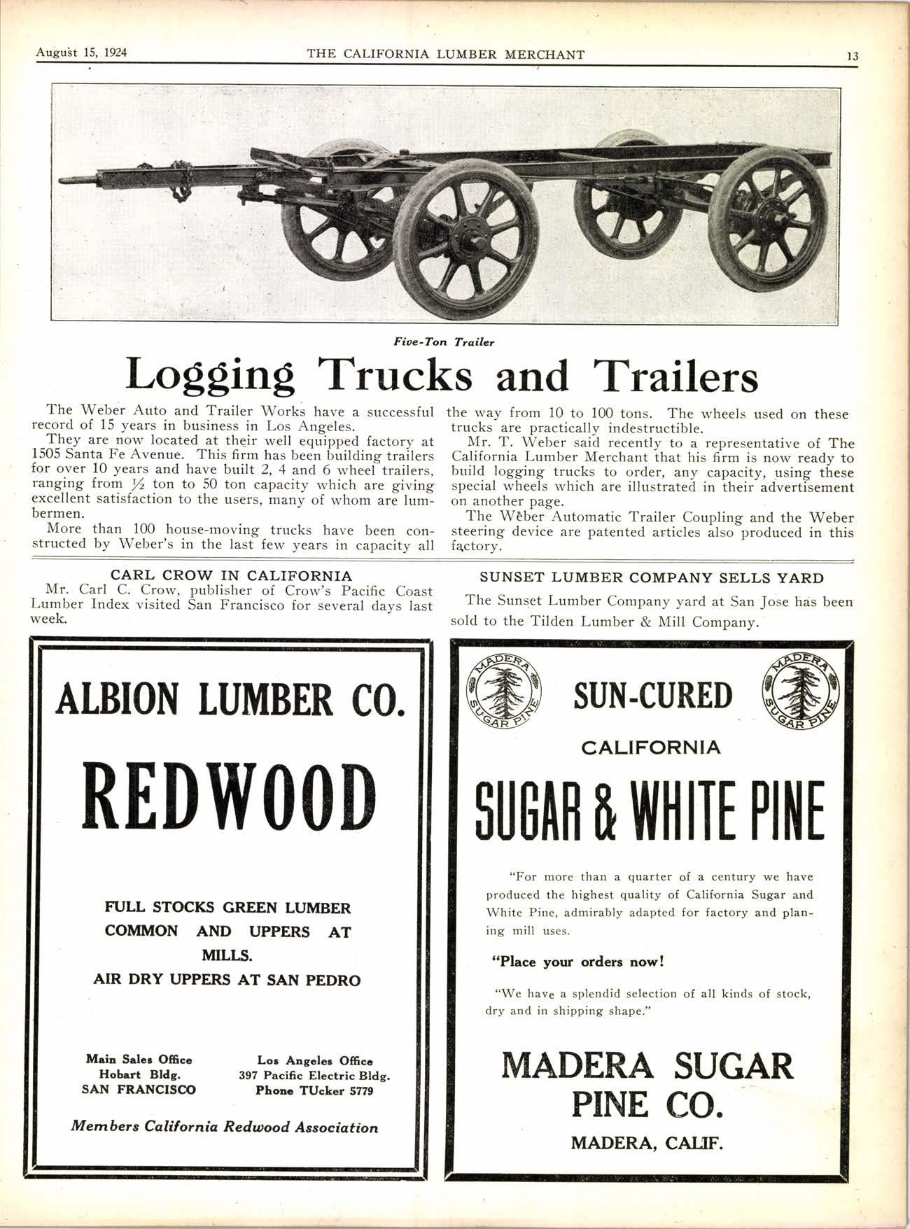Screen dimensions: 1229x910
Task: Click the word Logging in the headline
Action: pyautogui.click(x=209, y=377)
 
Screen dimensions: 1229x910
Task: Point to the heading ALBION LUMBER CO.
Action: pyautogui.click(x=230, y=699)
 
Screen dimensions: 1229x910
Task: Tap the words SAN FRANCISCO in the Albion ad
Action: pyautogui.click(x=139, y=1089)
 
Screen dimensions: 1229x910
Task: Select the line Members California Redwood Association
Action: pyautogui.click(x=225, y=1128)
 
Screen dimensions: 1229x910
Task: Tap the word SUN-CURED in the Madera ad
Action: pyautogui.click(x=652, y=696)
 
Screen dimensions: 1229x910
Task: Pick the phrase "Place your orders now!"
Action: pyautogui.click(x=577, y=962)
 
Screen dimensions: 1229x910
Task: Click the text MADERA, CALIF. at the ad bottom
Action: pyautogui.click(x=647, y=1144)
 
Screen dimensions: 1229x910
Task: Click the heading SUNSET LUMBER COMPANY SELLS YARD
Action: pyautogui.click(x=651, y=578)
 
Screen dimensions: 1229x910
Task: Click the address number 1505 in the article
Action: pyautogui.click(x=48, y=455)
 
